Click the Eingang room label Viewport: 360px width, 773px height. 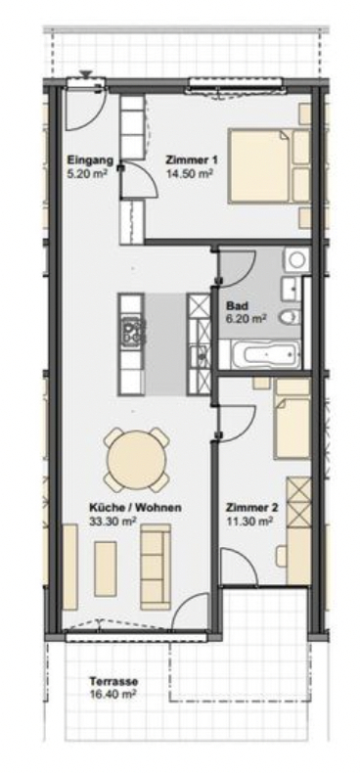[90, 160]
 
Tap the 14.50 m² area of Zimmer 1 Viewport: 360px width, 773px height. [190, 173]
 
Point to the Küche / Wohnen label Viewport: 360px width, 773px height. [135, 507]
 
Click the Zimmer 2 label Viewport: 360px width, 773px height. [252, 508]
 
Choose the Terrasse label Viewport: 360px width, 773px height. [113, 682]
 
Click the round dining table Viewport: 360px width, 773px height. [137, 460]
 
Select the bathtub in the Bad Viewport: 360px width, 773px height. [265, 354]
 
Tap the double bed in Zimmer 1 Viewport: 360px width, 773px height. [269, 165]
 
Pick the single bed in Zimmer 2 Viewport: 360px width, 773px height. [292, 419]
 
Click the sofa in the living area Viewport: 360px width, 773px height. [156, 567]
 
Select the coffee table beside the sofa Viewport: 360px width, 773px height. [105, 568]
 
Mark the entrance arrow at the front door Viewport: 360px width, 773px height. [86, 74]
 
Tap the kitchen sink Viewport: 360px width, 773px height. [200, 353]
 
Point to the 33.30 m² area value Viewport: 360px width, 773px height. [112, 521]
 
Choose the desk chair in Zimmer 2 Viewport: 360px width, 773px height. [282, 556]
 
